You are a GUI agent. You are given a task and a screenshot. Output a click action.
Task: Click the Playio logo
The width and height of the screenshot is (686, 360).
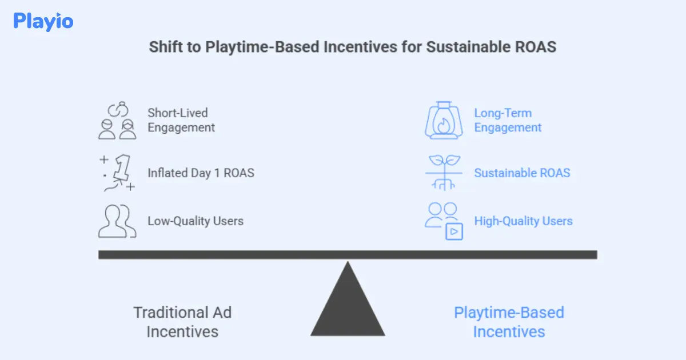pyautogui.click(x=43, y=22)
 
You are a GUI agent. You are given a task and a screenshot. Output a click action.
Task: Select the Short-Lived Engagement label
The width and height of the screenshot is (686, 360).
pyautogui.click(x=181, y=120)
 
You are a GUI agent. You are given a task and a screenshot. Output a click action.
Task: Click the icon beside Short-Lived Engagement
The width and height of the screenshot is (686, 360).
pyautogui.click(x=117, y=121)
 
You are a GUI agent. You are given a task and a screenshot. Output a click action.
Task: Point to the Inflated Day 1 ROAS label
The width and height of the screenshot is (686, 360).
pyautogui.click(x=201, y=172)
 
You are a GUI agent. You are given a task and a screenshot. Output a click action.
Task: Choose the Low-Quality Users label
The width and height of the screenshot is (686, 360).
pyautogui.click(x=196, y=221)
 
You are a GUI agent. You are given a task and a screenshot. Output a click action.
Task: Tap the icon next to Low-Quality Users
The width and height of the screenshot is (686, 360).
pyautogui.click(x=117, y=221)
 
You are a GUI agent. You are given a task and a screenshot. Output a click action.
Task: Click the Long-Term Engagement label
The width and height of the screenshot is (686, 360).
pyautogui.click(x=508, y=120)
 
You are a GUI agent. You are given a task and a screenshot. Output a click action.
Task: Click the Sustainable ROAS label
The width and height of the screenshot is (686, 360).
pyautogui.click(x=522, y=173)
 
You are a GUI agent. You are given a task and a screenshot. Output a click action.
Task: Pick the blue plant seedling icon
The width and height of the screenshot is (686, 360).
pyautogui.click(x=443, y=172)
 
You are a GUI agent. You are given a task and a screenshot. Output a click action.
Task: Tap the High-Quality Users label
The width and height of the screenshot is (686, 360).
pyautogui.click(x=523, y=221)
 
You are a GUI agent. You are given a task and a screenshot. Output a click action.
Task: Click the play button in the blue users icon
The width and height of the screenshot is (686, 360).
pyautogui.click(x=454, y=231)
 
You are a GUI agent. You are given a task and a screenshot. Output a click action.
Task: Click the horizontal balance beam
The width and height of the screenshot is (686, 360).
pyautogui.click(x=348, y=255)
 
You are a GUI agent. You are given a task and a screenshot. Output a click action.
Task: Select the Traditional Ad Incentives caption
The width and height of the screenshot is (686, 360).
pyautogui.click(x=182, y=322)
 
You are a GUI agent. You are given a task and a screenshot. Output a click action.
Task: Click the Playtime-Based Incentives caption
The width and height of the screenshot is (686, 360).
pyautogui.click(x=509, y=322)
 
